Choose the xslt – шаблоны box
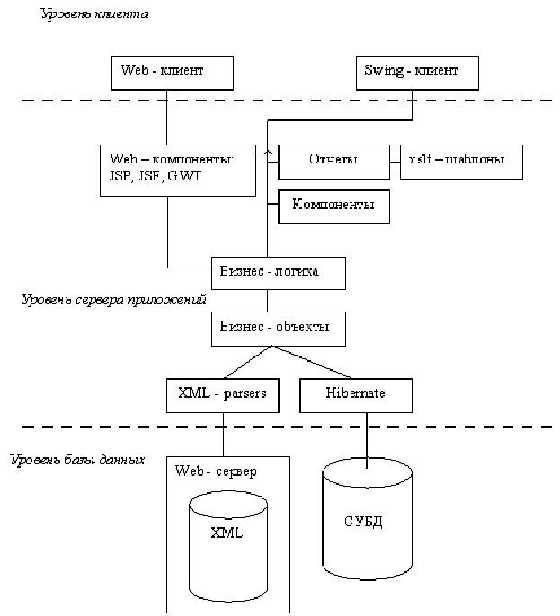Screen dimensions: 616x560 tap(459, 160)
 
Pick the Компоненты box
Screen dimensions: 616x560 tap(333, 206)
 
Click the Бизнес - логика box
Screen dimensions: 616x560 tap(278, 270)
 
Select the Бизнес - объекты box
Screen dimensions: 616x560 tap(278, 328)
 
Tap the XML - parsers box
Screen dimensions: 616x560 tap(221, 394)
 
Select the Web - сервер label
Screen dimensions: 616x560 tap(214, 471)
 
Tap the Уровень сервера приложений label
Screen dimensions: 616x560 tap(114, 300)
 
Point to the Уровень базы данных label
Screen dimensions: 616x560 tap(77, 460)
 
